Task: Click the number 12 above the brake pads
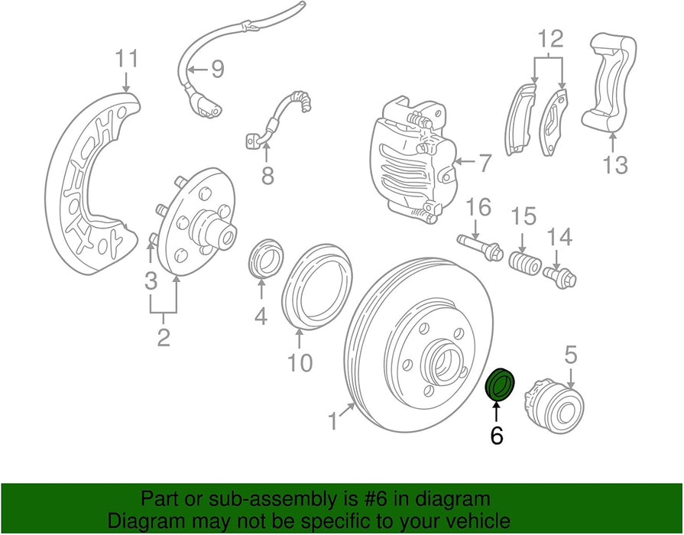[550, 38]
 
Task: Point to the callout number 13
[615, 164]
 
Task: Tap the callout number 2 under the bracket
[164, 336]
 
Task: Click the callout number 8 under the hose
[267, 176]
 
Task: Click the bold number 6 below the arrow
[496, 436]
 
